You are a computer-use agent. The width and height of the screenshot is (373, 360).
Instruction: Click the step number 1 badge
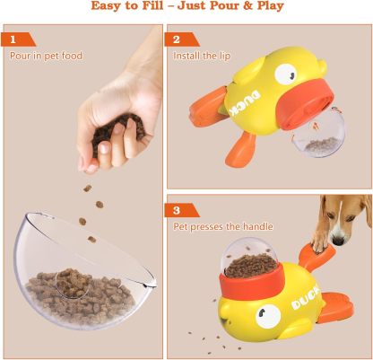[x=13, y=40]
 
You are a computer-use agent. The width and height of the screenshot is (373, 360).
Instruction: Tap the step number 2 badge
[x=177, y=40]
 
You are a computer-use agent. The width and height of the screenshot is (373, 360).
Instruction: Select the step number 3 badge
[x=177, y=211]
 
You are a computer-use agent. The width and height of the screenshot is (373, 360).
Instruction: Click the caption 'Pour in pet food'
[x=46, y=56]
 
